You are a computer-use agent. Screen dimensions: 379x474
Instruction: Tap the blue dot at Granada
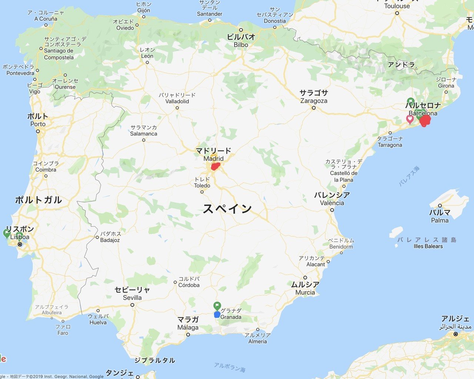[x=217, y=315]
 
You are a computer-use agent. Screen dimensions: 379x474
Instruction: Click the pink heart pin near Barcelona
[x=410, y=119]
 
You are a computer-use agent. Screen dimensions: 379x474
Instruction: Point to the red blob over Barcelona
[x=425, y=120]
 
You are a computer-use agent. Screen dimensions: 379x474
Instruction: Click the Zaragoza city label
[x=314, y=101]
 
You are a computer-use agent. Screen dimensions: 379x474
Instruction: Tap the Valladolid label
[x=177, y=101]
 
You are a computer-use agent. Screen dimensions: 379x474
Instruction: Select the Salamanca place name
[x=144, y=134]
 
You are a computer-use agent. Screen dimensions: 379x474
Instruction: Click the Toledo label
[x=202, y=185]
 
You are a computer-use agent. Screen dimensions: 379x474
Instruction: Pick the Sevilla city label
[x=132, y=298]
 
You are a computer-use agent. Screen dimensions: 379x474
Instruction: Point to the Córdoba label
[x=189, y=285]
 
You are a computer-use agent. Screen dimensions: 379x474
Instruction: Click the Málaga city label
[x=188, y=327]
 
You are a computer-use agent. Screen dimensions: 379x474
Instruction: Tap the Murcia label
[x=305, y=292]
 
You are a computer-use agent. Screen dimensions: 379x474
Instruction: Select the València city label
[x=332, y=203]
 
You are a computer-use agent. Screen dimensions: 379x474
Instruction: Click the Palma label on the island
[x=440, y=220]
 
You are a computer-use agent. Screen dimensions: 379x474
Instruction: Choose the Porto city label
[x=38, y=124]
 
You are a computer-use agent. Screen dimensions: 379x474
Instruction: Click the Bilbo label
[x=241, y=45]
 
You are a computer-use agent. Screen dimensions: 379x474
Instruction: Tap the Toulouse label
[x=397, y=6]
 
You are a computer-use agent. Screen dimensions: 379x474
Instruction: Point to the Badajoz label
[x=110, y=240]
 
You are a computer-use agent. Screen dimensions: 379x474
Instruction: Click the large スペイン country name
[x=227, y=208]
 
